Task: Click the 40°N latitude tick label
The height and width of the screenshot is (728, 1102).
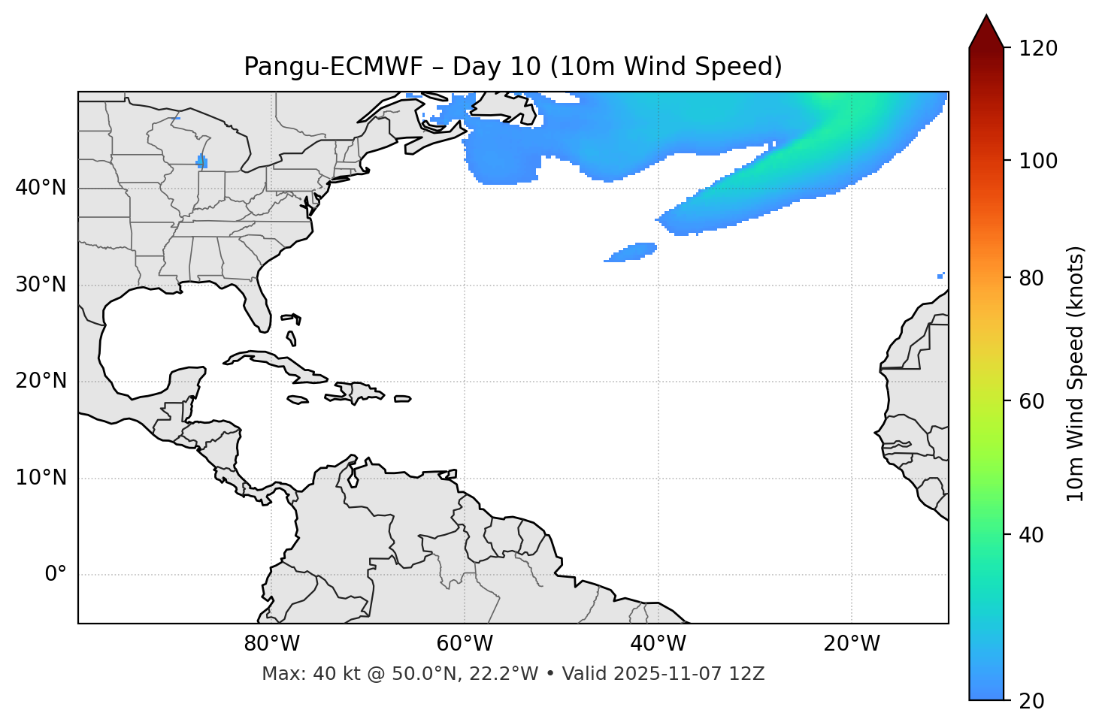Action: click(41, 188)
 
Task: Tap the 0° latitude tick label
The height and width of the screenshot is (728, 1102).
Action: click(55, 575)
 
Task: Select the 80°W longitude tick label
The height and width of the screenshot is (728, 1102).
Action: click(271, 644)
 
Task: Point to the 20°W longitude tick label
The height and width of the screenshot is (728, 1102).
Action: click(852, 644)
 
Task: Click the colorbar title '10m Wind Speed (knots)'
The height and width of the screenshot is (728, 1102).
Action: click(1076, 373)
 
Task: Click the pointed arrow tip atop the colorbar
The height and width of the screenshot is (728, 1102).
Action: click(986, 18)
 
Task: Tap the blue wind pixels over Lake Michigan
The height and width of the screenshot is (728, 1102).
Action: click(201, 162)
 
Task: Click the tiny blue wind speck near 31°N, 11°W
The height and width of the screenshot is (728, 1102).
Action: click(940, 276)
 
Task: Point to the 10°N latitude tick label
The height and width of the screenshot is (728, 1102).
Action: click(41, 478)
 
